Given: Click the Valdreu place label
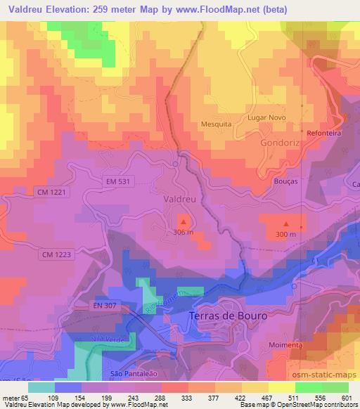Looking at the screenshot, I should [x=179, y=199].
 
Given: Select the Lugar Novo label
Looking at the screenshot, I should [x=266, y=117].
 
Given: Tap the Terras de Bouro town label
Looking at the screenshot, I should [x=229, y=316].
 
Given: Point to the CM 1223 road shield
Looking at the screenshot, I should [x=57, y=254].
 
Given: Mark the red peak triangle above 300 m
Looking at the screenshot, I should [x=285, y=223].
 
